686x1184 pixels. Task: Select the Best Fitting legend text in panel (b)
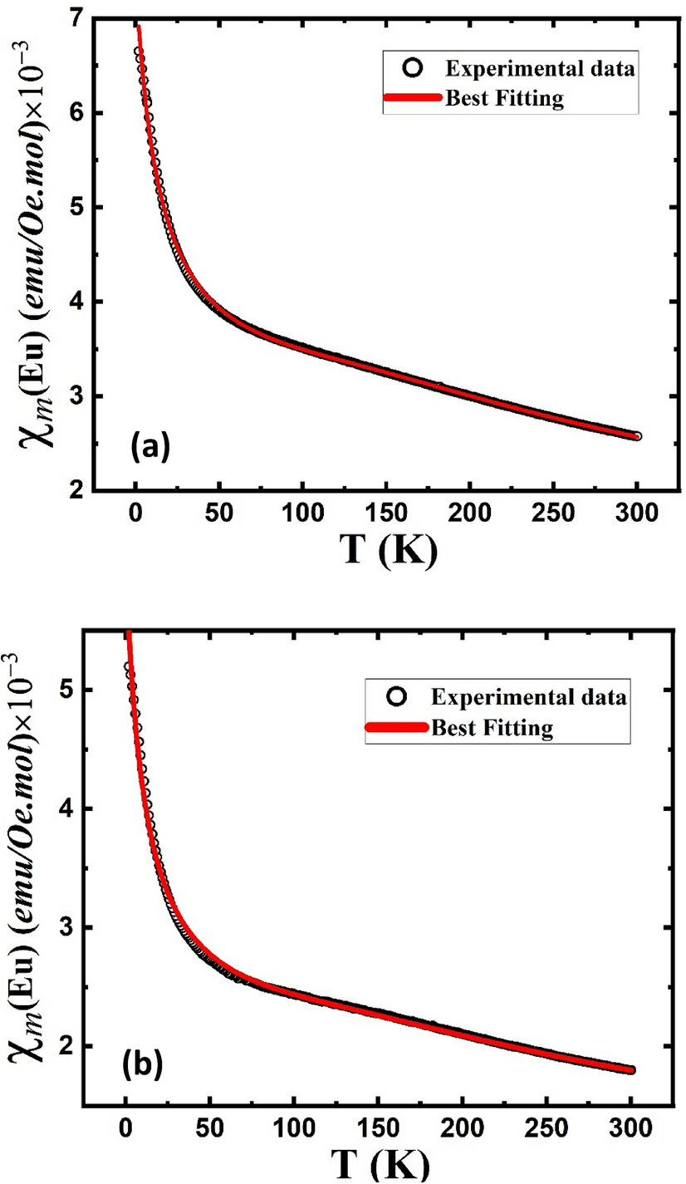(x=491, y=729)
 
